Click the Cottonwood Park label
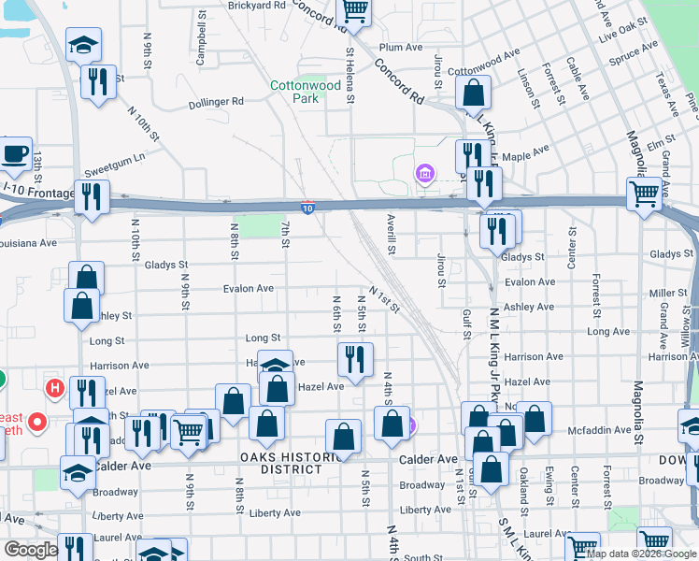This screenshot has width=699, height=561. click(305, 91)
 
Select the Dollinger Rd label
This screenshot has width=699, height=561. click(216, 102)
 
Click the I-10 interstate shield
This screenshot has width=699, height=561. click(308, 205)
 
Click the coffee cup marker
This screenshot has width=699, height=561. click(13, 154)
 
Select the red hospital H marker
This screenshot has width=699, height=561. click(55, 387)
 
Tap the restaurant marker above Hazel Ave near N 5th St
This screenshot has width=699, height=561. click(355, 358)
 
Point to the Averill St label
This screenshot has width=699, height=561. click(392, 237)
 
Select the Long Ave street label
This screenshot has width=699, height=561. click(607, 332)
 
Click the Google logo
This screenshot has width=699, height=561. click(31, 550)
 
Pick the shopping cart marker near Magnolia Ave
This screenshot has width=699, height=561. click(645, 194)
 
